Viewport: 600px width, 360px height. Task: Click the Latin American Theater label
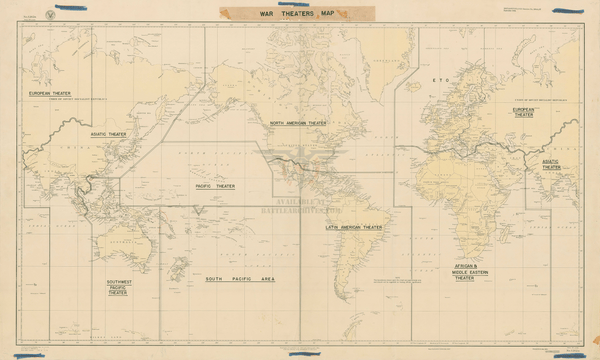[354, 227]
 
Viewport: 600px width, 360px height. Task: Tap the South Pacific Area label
[240, 278]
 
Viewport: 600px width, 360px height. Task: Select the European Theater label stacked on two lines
[523, 112]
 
